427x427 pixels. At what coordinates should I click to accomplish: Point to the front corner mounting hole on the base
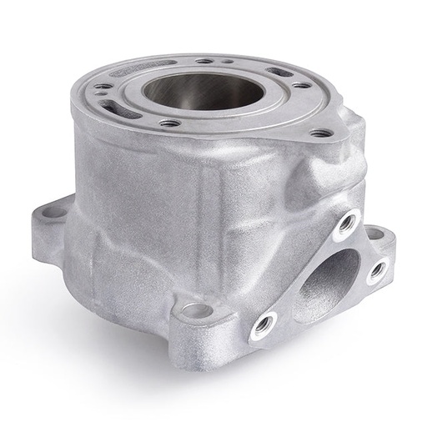(x=196, y=311)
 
